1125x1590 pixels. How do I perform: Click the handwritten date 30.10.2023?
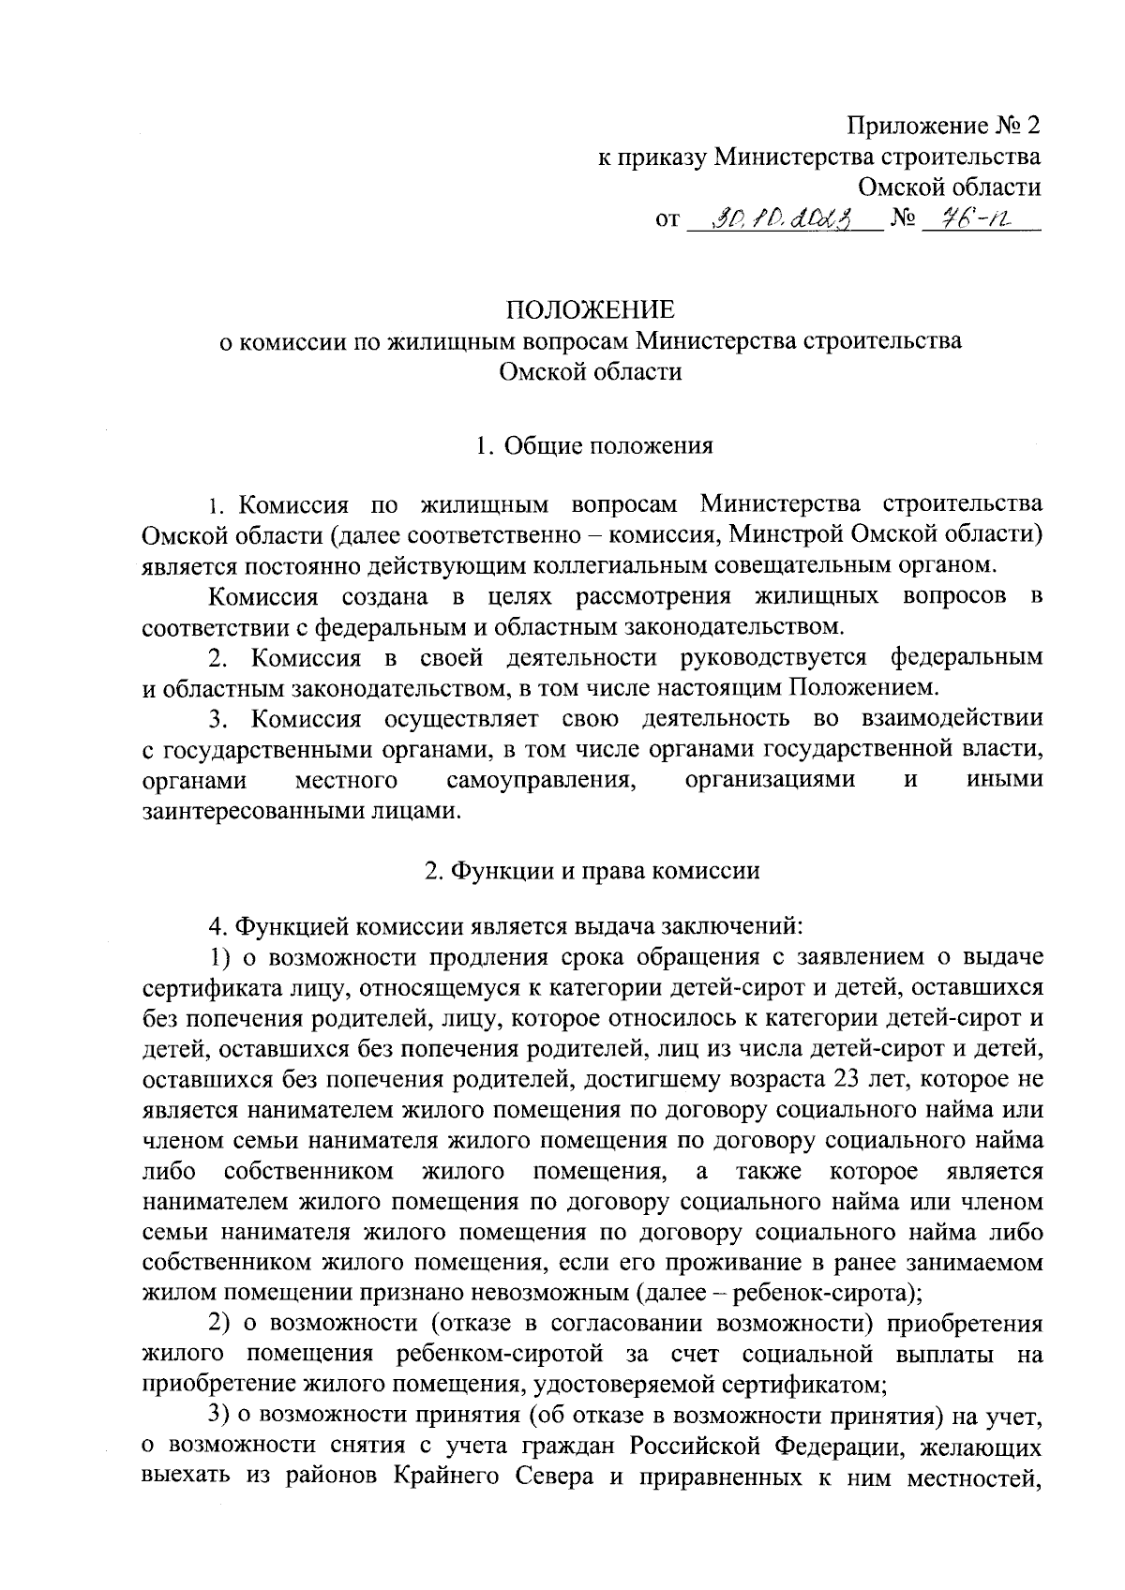click(781, 221)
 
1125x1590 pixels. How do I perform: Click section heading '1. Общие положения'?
click(593, 445)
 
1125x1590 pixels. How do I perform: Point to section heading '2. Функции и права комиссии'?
click(591, 870)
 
